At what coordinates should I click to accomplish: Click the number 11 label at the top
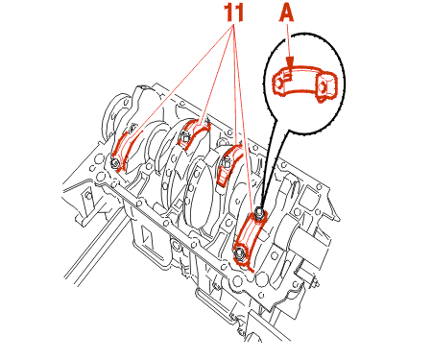point(234,13)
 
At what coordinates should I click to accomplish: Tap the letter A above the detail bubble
point(287,13)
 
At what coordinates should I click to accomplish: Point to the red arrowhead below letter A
point(290,61)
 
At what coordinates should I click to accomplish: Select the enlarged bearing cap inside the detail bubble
point(304,84)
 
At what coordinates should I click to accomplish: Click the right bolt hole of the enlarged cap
point(323,86)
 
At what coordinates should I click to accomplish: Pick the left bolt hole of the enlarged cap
point(277,83)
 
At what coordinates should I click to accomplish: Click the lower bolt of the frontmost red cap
point(239,253)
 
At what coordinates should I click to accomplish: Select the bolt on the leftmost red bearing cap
point(115,163)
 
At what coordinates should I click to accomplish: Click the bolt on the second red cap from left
point(184,138)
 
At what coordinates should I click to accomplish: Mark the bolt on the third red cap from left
point(224,165)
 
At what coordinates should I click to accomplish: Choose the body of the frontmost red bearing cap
point(250,237)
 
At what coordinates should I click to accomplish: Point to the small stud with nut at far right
point(315,283)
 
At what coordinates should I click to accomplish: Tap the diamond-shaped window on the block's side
point(148,237)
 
